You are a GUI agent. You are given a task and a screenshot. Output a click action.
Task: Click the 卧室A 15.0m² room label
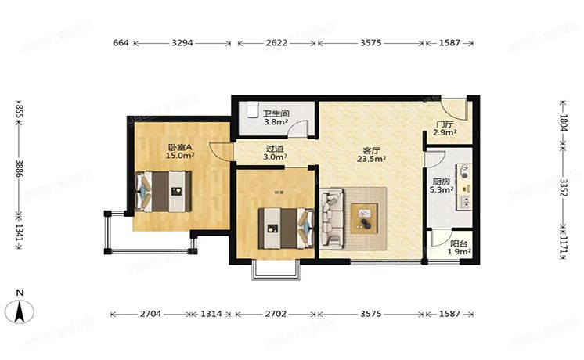tap(180, 151)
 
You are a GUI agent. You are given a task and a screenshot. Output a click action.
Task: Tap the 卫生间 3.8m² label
tap(275, 117)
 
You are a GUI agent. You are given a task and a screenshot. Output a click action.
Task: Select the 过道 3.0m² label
tap(275, 152)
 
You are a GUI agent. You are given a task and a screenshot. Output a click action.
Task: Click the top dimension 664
tap(120, 43)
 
